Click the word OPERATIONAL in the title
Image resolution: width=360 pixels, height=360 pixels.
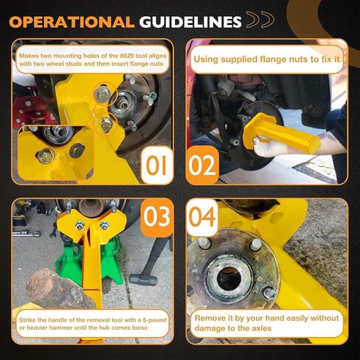click(72, 22)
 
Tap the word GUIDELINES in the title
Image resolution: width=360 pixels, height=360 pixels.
click(190, 22)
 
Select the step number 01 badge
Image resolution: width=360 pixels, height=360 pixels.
click(156, 165)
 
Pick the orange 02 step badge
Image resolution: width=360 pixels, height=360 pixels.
click(202, 165)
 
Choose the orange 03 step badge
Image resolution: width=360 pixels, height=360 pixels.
click(156, 217)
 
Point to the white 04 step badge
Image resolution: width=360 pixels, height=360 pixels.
click(202, 218)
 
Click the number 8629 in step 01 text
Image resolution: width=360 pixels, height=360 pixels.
click(127, 56)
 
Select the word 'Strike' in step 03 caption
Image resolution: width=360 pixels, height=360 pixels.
click(27, 320)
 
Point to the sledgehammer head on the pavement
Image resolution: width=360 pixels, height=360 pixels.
click(143, 280)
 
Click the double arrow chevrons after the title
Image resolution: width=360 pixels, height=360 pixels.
click(260, 19)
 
